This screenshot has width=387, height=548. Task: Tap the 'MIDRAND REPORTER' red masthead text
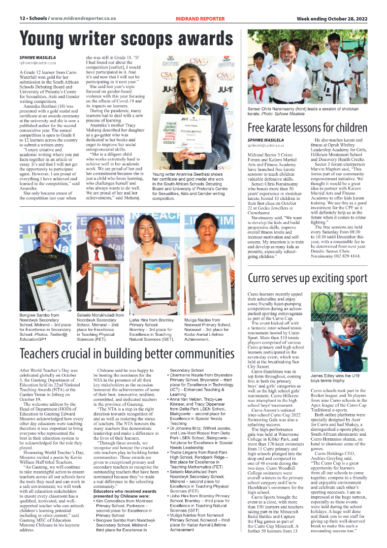coord(200,19)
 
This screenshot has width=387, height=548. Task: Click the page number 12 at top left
coord(22,19)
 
